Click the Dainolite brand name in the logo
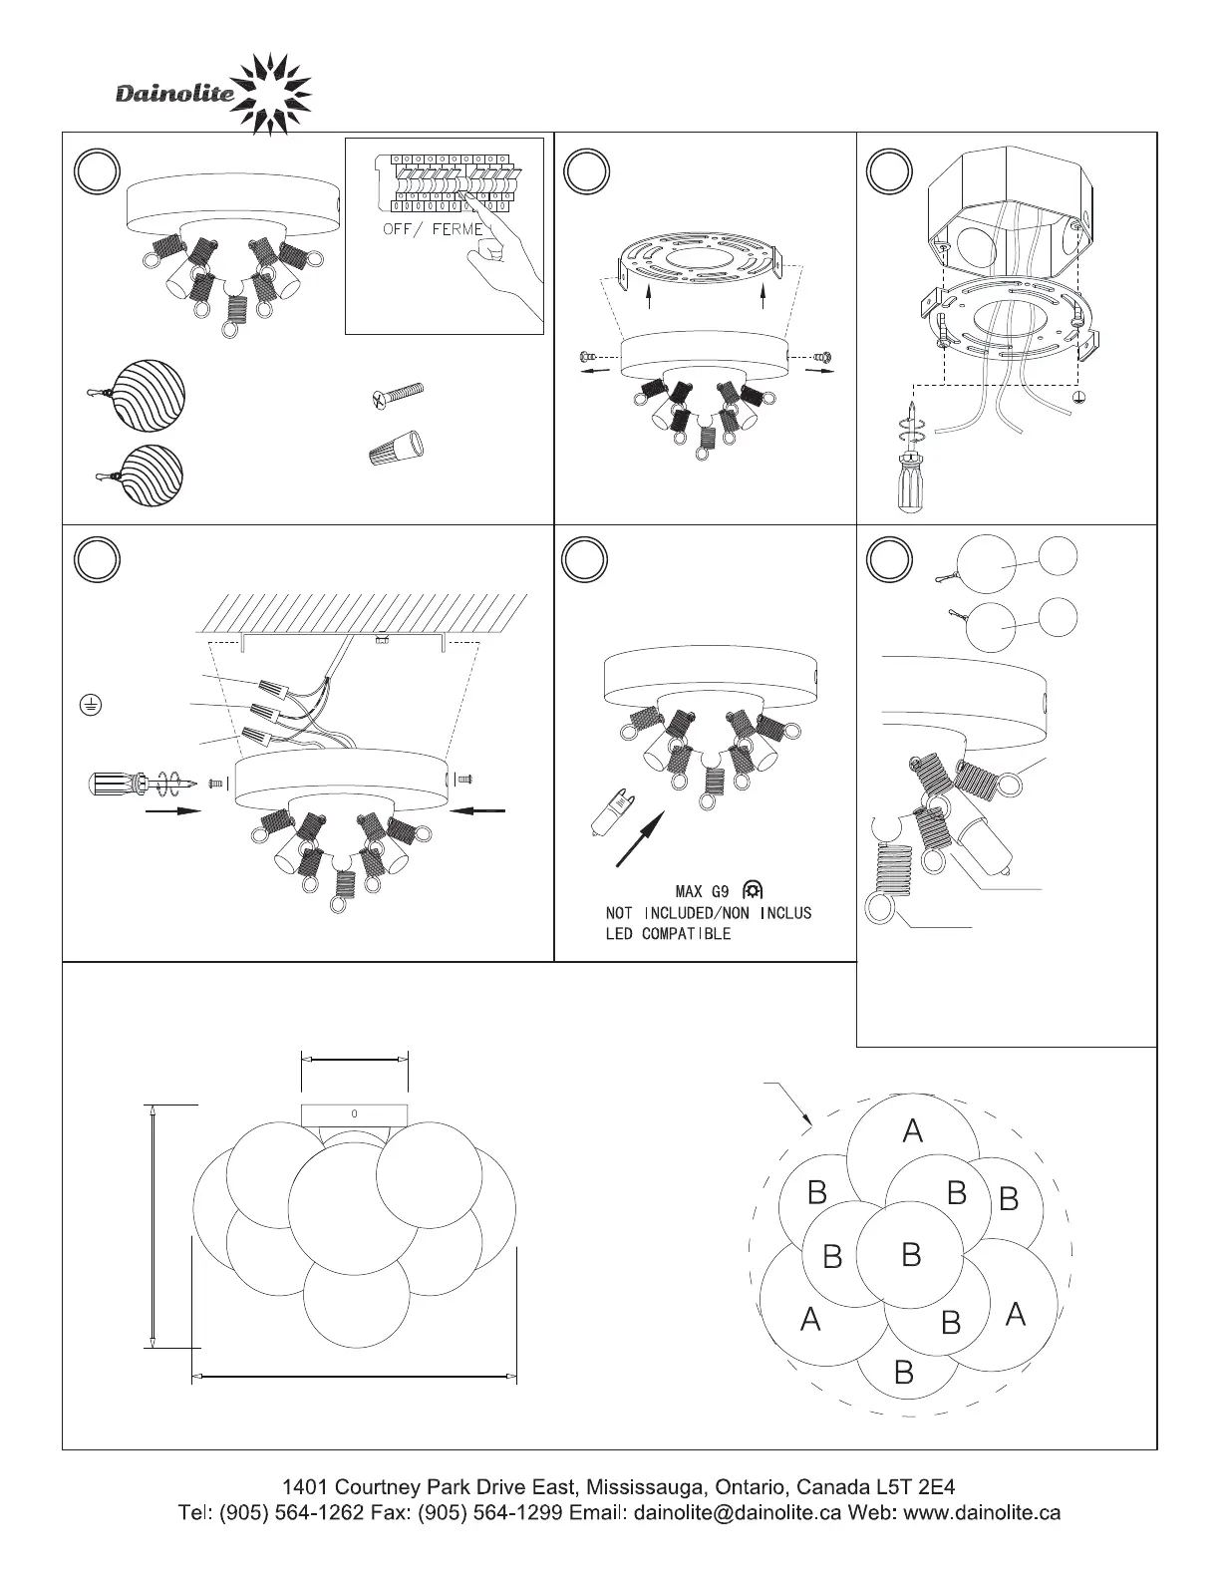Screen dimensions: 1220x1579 pos(175,95)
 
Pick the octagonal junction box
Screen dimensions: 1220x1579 pos(1010,206)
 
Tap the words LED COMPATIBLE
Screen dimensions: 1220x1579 pos(668,934)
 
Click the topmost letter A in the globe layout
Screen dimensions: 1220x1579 pos(912,1130)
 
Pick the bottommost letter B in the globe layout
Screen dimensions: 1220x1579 pos(904,1373)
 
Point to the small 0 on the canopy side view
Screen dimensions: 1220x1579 pos(355,1113)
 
